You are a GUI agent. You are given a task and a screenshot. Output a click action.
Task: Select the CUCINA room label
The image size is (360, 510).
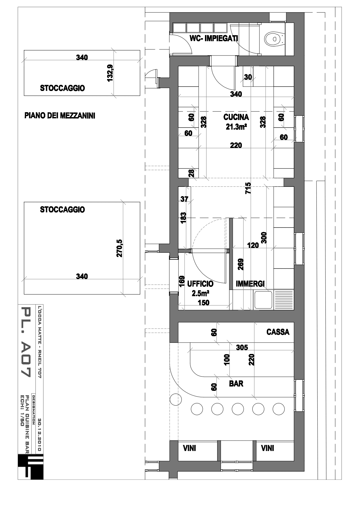coord(236,117)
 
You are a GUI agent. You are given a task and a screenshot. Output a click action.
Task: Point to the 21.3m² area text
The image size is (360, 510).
coord(236,127)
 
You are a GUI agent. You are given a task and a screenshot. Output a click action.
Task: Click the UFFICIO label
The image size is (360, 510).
coord(200,284)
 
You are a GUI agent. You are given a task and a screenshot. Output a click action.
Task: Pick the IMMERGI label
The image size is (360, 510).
coord(250,284)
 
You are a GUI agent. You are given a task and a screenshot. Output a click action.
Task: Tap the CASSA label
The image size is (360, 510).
coord(278,332)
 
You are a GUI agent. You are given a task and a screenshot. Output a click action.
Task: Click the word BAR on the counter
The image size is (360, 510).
coord(236,384)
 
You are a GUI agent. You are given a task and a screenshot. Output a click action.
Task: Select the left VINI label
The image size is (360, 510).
coord(189,448)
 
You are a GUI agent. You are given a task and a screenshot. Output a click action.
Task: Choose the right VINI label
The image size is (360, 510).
coord(267,448)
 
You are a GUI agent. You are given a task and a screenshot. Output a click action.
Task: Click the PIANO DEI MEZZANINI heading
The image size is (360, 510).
coord(60,116)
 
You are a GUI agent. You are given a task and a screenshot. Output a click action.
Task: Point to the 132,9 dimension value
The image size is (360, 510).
coord(110,73)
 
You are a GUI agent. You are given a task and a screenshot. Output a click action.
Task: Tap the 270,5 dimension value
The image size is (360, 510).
coord(119,248)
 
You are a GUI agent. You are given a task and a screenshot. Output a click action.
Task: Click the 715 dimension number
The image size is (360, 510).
coord(248,188)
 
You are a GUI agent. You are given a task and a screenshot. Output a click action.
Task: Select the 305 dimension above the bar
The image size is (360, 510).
coord(242,347)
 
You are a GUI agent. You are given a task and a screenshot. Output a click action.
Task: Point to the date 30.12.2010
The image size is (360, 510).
coord(40,435)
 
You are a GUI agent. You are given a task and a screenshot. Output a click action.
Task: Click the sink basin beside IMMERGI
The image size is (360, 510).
coord(263,300)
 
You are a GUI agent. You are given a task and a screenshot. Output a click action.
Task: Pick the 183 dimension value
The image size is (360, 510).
coord(183,218)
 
